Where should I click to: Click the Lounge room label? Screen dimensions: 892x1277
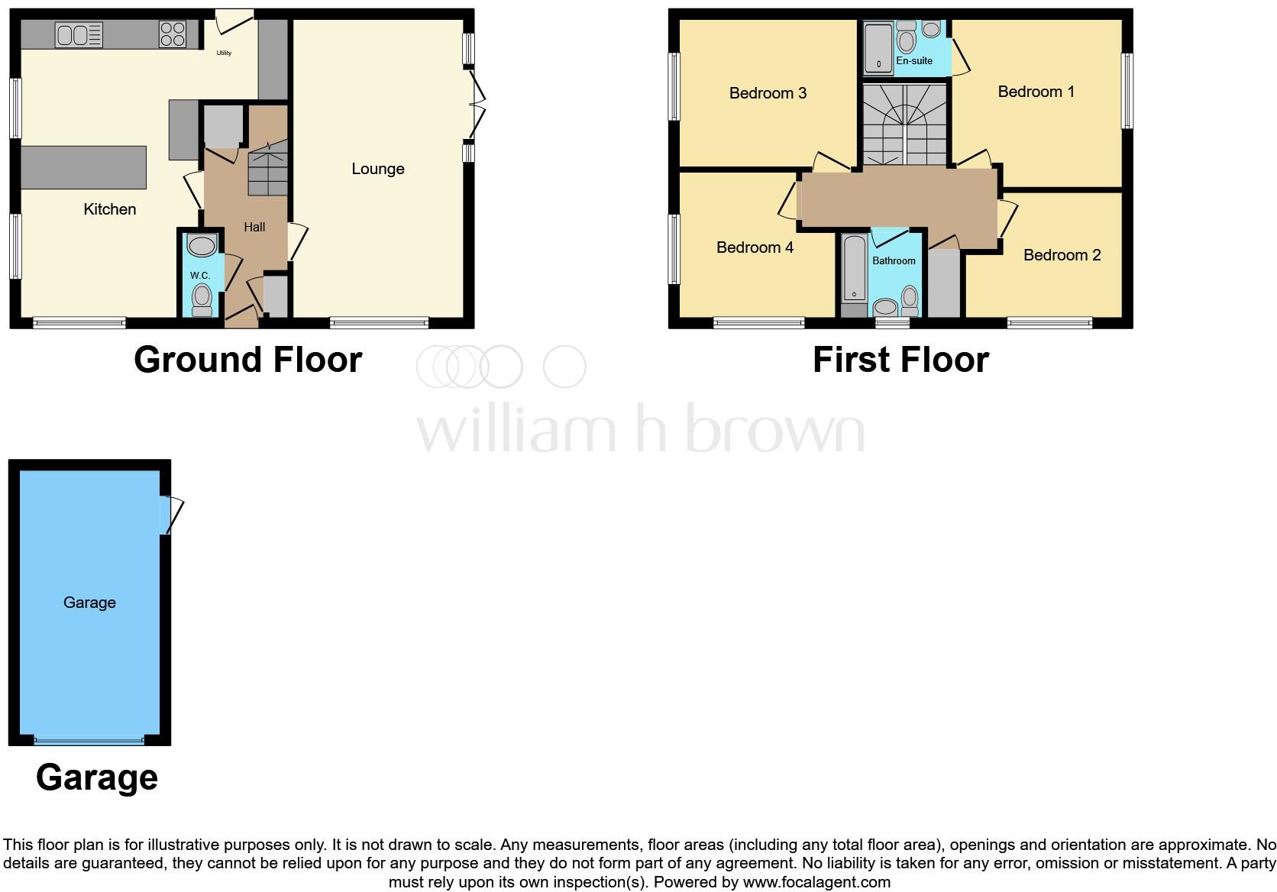pos(377,169)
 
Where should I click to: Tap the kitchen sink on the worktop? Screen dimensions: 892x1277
pos(79,34)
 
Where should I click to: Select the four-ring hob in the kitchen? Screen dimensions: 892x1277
pos(172,34)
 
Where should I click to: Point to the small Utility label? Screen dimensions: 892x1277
pos(224,53)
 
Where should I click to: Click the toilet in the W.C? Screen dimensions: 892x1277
pos(202,299)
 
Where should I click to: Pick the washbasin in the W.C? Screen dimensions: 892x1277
pos(202,246)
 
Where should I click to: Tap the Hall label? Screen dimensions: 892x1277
pos(254,227)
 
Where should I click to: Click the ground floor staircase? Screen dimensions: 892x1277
pos(267,171)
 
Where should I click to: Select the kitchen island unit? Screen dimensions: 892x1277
pos(82,167)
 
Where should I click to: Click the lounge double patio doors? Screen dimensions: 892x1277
pos(477,105)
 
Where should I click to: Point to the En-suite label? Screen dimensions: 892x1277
pos(914,61)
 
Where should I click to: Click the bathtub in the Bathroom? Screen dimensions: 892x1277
pos(854,269)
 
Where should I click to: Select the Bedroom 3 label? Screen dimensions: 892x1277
pos(768,93)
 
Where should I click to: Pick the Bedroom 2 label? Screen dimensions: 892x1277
pos(1062,255)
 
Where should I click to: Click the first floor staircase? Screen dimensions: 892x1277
pos(905,125)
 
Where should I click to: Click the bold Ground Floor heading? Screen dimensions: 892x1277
pos(247,360)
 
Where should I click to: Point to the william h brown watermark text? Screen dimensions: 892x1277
pos(640,429)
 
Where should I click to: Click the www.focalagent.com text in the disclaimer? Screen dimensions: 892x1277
pos(816,882)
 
